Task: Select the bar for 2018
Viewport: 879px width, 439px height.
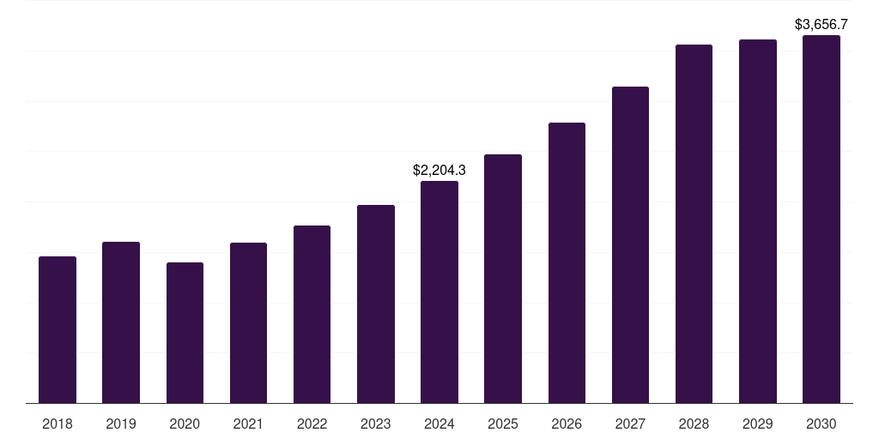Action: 58,330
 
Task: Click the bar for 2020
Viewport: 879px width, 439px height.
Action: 185,333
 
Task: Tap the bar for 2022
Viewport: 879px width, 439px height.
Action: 312,314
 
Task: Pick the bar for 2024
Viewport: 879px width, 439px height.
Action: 439,292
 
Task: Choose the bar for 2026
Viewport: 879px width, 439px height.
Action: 567,262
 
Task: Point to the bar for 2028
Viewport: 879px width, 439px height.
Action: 694,224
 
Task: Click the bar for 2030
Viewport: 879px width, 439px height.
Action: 821,219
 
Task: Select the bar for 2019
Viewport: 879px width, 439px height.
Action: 121,322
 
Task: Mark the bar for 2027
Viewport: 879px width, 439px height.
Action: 630,244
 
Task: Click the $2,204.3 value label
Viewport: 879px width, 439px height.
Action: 439,171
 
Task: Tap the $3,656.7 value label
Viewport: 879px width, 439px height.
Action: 821,25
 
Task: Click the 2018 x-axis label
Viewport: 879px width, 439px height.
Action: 58,424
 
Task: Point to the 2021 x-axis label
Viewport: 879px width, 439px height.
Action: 248,424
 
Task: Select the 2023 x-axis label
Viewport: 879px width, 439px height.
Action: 376,424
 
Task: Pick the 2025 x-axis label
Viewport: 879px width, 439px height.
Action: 503,424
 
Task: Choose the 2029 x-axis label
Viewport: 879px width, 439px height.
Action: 758,424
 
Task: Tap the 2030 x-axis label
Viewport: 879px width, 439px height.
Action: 821,424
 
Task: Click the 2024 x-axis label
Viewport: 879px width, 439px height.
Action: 439,424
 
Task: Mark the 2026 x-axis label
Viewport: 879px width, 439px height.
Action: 567,424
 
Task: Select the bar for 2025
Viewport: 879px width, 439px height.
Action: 503,279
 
